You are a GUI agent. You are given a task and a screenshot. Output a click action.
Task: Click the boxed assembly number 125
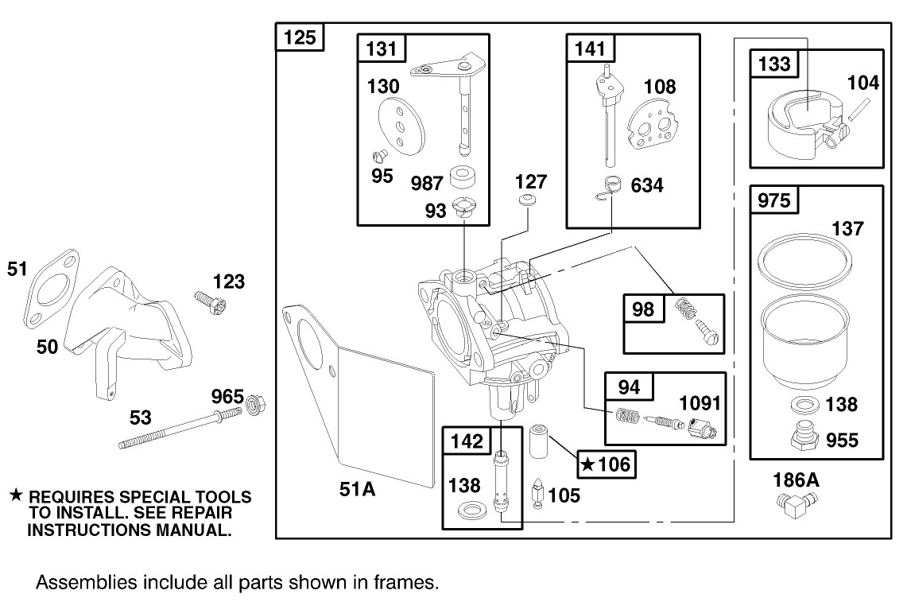pos(300,37)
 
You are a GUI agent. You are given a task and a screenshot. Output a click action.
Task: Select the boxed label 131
pos(382,49)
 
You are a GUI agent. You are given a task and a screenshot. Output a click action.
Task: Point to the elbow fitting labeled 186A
pos(793,506)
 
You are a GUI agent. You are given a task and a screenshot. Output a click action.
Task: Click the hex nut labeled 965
pos(256,405)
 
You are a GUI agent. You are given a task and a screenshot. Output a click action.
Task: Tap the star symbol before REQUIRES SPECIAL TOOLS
pos(14,496)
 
